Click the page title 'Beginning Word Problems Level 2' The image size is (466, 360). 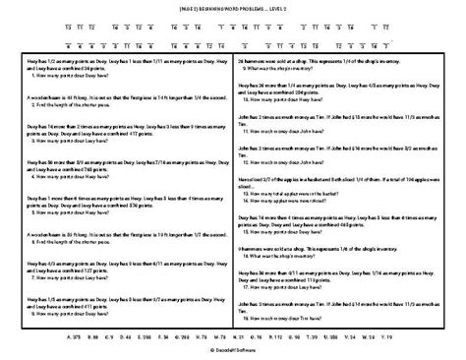(233, 7)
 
